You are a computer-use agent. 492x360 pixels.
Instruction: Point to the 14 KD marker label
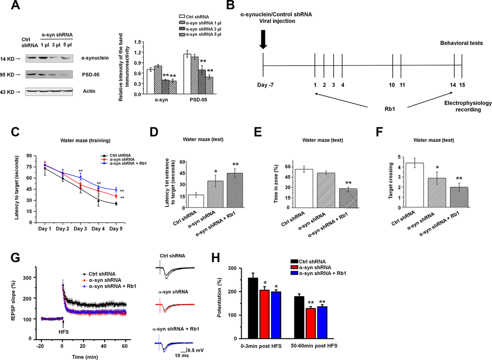12,58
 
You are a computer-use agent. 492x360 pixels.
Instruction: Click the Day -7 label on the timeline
262,85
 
